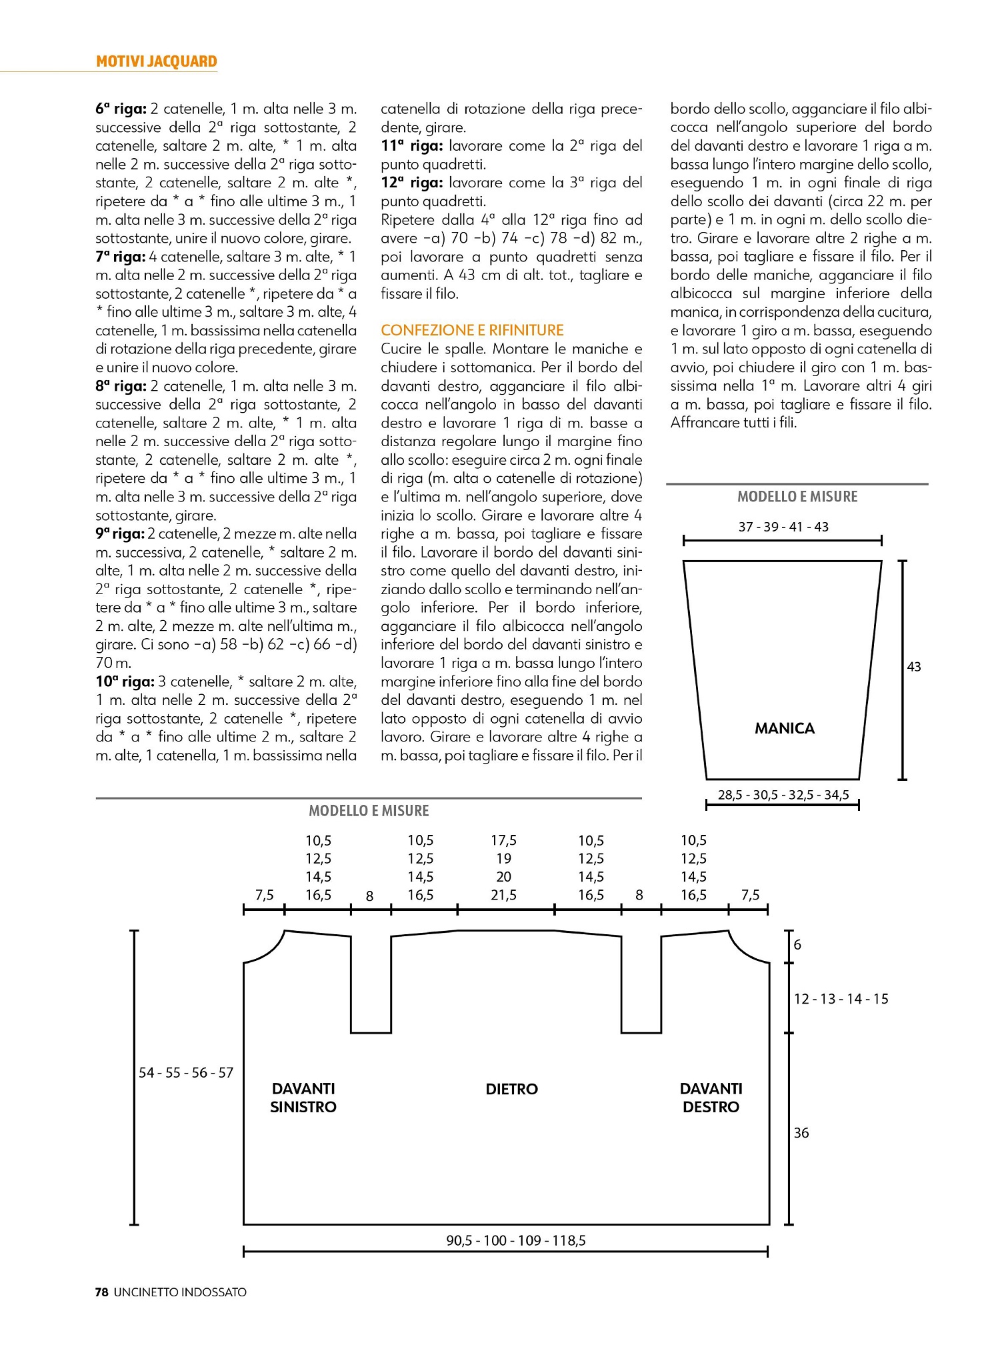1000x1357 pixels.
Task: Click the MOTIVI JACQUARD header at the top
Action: (157, 61)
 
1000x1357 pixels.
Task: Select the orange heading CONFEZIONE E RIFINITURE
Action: (472, 330)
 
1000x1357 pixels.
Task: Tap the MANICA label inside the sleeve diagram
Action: (785, 728)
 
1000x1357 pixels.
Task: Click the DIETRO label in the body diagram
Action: (511, 1089)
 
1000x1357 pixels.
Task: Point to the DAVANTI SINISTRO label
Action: (303, 1098)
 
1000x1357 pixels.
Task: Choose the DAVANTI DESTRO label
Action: (711, 1098)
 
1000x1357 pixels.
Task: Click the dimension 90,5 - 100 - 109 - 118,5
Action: (516, 1240)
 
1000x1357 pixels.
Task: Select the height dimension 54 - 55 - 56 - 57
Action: (186, 1072)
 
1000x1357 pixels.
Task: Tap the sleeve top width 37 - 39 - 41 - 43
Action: (783, 527)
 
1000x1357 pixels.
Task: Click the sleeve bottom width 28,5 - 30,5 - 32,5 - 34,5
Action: (783, 795)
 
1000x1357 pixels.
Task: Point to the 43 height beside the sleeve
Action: (914, 667)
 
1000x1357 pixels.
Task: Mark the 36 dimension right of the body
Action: (801, 1133)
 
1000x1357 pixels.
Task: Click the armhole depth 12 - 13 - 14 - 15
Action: (841, 999)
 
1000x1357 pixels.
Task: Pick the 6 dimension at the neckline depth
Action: (797, 944)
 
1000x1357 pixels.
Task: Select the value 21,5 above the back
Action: (503, 895)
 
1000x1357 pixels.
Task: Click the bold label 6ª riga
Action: (121, 109)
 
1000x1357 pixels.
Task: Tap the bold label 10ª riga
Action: (125, 682)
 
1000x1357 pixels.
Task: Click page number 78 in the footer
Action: (102, 1292)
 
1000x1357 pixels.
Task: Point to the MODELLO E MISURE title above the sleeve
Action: (797, 497)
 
